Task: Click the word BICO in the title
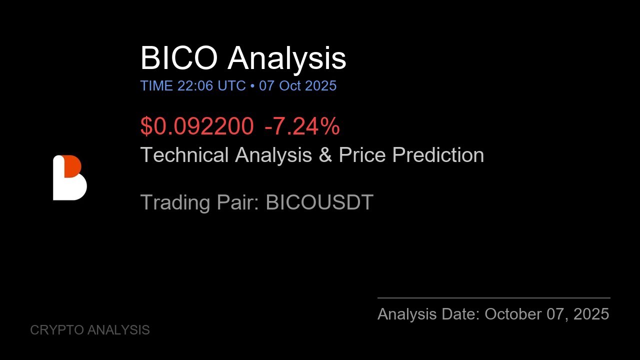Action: (179, 58)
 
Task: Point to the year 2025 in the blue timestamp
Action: (320, 86)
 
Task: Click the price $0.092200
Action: (196, 126)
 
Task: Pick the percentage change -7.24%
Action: (302, 126)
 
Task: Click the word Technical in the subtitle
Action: (184, 155)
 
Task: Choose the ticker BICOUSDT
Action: (319, 202)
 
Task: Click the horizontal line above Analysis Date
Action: (493, 298)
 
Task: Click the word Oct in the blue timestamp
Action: (290, 86)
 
